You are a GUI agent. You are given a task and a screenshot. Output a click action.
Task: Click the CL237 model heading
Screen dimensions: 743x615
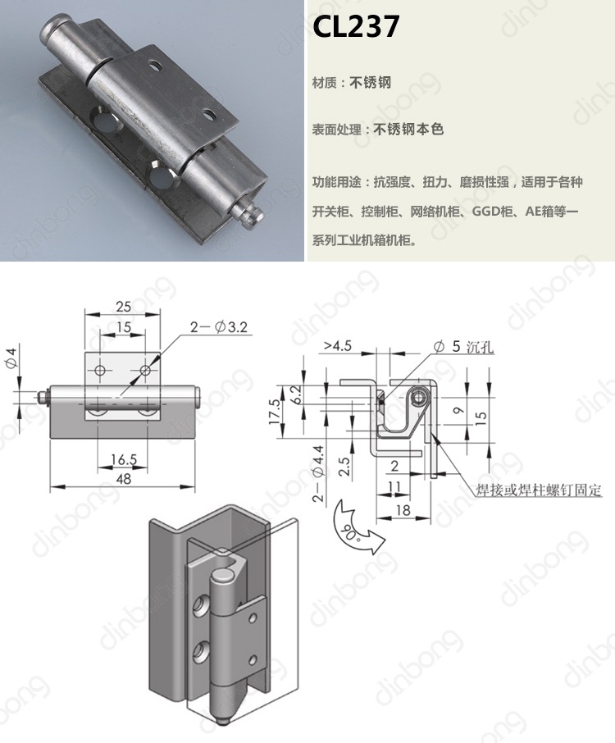pos(356,28)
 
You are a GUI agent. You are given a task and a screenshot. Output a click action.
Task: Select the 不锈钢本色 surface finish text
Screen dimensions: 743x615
pos(408,129)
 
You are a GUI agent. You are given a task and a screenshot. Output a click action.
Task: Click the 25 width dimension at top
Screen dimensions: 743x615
pos(123,307)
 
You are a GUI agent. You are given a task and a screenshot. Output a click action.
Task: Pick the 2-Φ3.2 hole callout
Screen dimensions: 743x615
pos(219,327)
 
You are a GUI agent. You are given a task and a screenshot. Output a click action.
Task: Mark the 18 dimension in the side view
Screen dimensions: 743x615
pos(403,510)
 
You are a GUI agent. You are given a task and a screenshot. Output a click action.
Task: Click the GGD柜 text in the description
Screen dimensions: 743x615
pos(490,212)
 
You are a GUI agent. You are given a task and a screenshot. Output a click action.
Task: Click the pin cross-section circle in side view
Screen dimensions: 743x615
pos(420,399)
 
